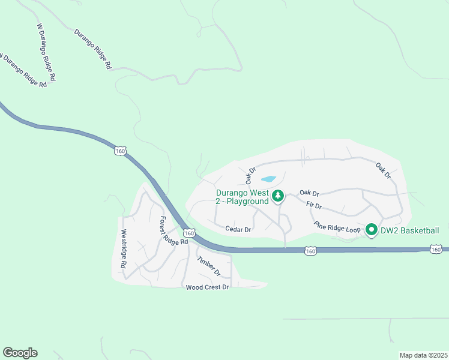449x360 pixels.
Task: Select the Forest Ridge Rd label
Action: point(174,230)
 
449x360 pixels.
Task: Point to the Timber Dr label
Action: point(209,266)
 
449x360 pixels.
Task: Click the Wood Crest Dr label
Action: point(208,287)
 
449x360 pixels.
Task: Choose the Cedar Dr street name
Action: point(238,229)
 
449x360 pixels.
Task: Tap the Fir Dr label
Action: point(314,206)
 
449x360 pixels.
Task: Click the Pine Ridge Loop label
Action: point(337,227)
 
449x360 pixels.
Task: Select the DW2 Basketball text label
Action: point(411,230)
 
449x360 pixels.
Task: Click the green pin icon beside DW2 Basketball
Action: point(371,230)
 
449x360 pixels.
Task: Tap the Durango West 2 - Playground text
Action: point(243,197)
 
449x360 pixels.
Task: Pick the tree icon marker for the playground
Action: point(278,196)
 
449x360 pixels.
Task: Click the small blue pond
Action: point(268,179)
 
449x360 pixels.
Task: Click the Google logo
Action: point(20,353)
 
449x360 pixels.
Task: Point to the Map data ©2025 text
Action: point(423,355)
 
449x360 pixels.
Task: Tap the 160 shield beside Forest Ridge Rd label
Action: point(189,233)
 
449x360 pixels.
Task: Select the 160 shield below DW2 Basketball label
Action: point(436,248)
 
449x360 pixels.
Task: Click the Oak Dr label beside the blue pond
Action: point(250,176)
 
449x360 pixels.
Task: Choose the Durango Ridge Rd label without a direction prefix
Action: point(93,50)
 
